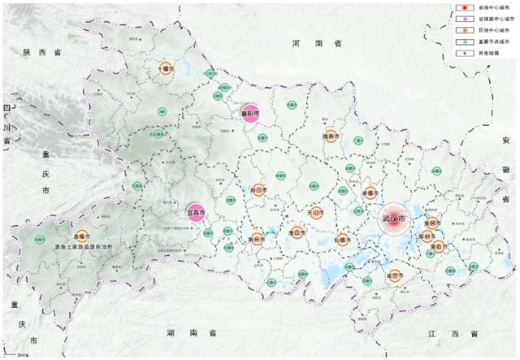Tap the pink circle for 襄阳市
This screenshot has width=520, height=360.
pos(249,115)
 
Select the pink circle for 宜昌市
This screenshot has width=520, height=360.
pos(195,213)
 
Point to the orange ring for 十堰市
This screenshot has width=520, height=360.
pos(167,70)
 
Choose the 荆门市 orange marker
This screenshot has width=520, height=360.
pos(258,189)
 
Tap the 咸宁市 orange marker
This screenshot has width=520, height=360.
pos(395,275)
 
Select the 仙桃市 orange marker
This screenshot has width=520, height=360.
pos(342,240)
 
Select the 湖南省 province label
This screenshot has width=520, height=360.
pos(193,333)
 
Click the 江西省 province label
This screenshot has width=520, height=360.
pos(452,334)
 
